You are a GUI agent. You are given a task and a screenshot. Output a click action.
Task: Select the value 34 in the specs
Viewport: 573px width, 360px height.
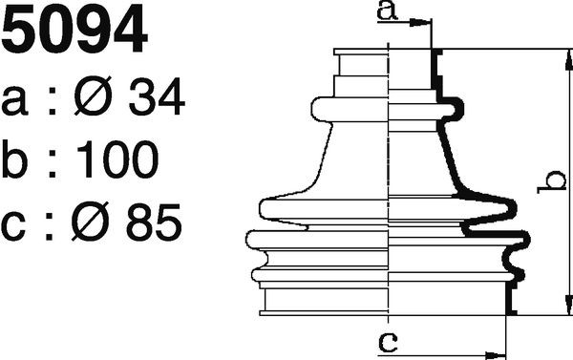(156, 96)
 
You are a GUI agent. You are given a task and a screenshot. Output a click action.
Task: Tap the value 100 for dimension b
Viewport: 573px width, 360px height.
(117, 159)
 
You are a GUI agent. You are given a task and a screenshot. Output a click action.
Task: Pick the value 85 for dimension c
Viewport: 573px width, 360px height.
(154, 222)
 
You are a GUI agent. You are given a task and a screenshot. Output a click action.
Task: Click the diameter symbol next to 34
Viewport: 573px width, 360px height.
(93, 96)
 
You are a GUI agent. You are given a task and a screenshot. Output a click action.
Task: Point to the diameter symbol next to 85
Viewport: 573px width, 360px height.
(91, 222)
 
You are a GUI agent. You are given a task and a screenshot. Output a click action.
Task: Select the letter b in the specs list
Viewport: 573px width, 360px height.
(14, 159)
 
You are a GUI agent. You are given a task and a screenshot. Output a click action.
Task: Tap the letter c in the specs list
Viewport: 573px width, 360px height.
(13, 226)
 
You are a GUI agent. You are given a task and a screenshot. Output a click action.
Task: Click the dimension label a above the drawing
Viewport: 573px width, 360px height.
(387, 11)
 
